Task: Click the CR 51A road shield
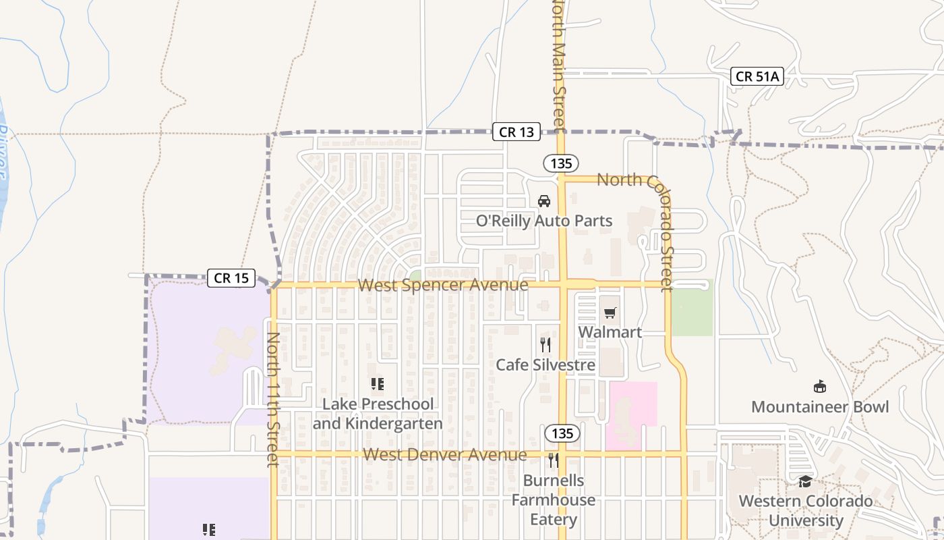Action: click(757, 76)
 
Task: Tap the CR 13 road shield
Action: click(517, 132)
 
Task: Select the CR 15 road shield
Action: click(231, 277)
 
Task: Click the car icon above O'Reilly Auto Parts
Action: click(544, 200)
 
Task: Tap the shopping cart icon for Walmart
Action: click(610, 313)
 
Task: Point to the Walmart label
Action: click(610, 332)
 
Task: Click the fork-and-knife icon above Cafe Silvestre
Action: click(545, 345)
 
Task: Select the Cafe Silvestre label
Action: click(545, 365)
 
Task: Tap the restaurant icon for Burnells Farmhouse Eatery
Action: click(554, 460)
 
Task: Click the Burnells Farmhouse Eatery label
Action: click(554, 500)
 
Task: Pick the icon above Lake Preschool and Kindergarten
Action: click(378, 384)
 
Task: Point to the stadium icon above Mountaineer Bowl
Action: click(820, 387)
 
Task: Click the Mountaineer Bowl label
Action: click(820, 407)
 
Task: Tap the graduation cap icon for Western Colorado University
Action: click(805, 481)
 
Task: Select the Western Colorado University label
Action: click(806, 511)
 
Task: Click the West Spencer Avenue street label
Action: click(443, 285)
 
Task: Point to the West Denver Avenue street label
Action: click(445, 454)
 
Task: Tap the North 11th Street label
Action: click(272, 399)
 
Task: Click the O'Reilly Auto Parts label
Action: click(544, 221)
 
